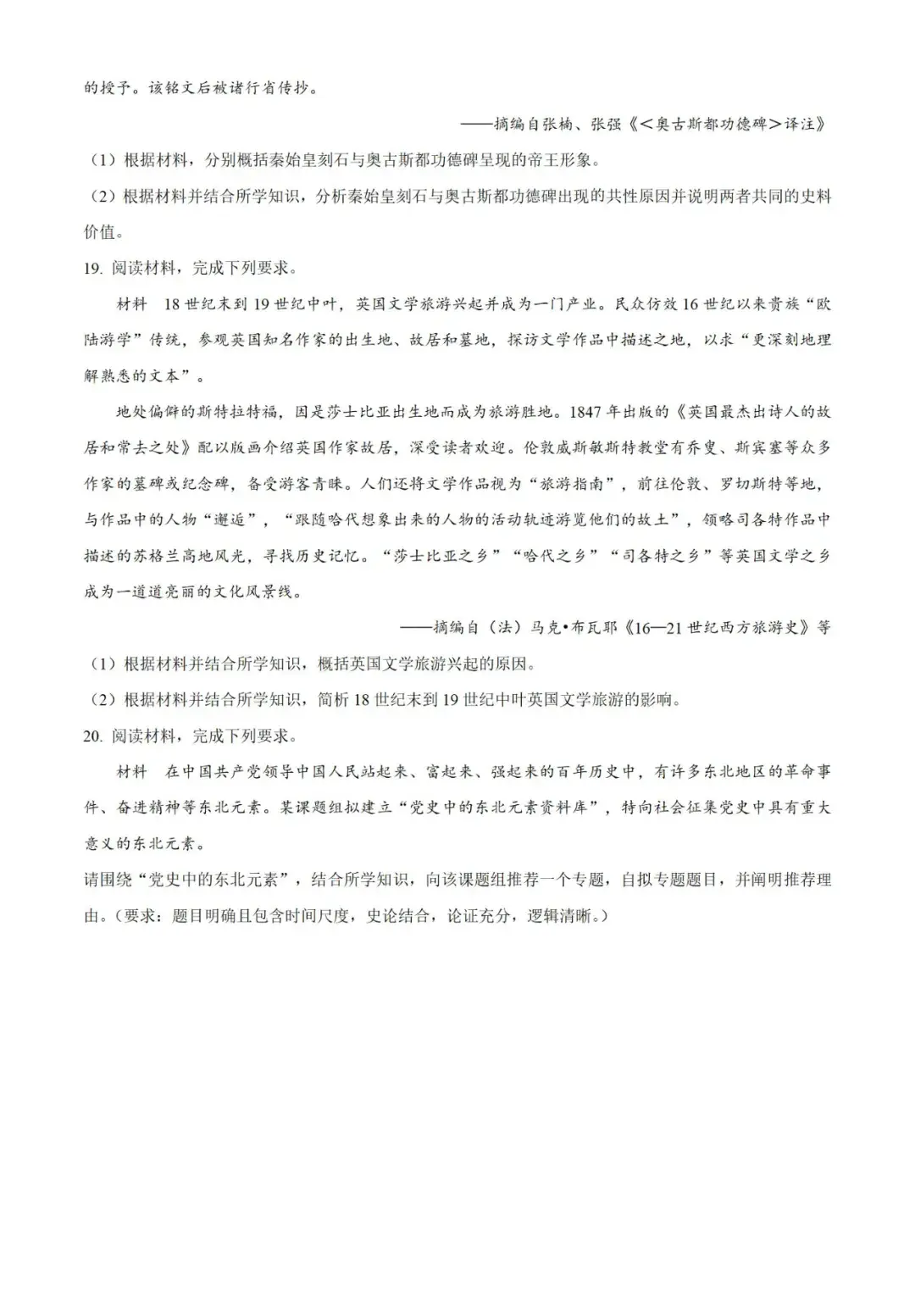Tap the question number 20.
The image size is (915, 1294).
tap(92, 736)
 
